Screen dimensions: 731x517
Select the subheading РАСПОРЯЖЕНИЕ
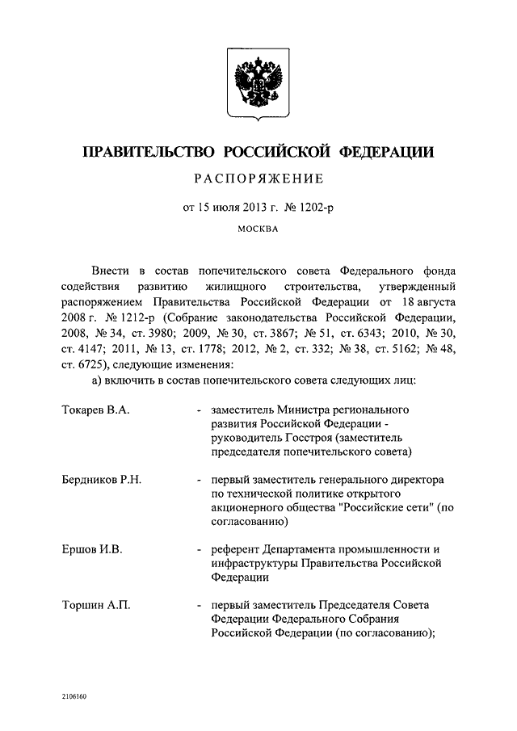pos(258,179)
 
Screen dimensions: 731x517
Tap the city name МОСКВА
pos(258,229)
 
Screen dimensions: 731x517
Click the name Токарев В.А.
pos(95,410)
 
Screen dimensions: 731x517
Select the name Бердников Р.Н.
pos(102,479)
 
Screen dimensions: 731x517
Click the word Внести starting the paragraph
pos(110,271)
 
